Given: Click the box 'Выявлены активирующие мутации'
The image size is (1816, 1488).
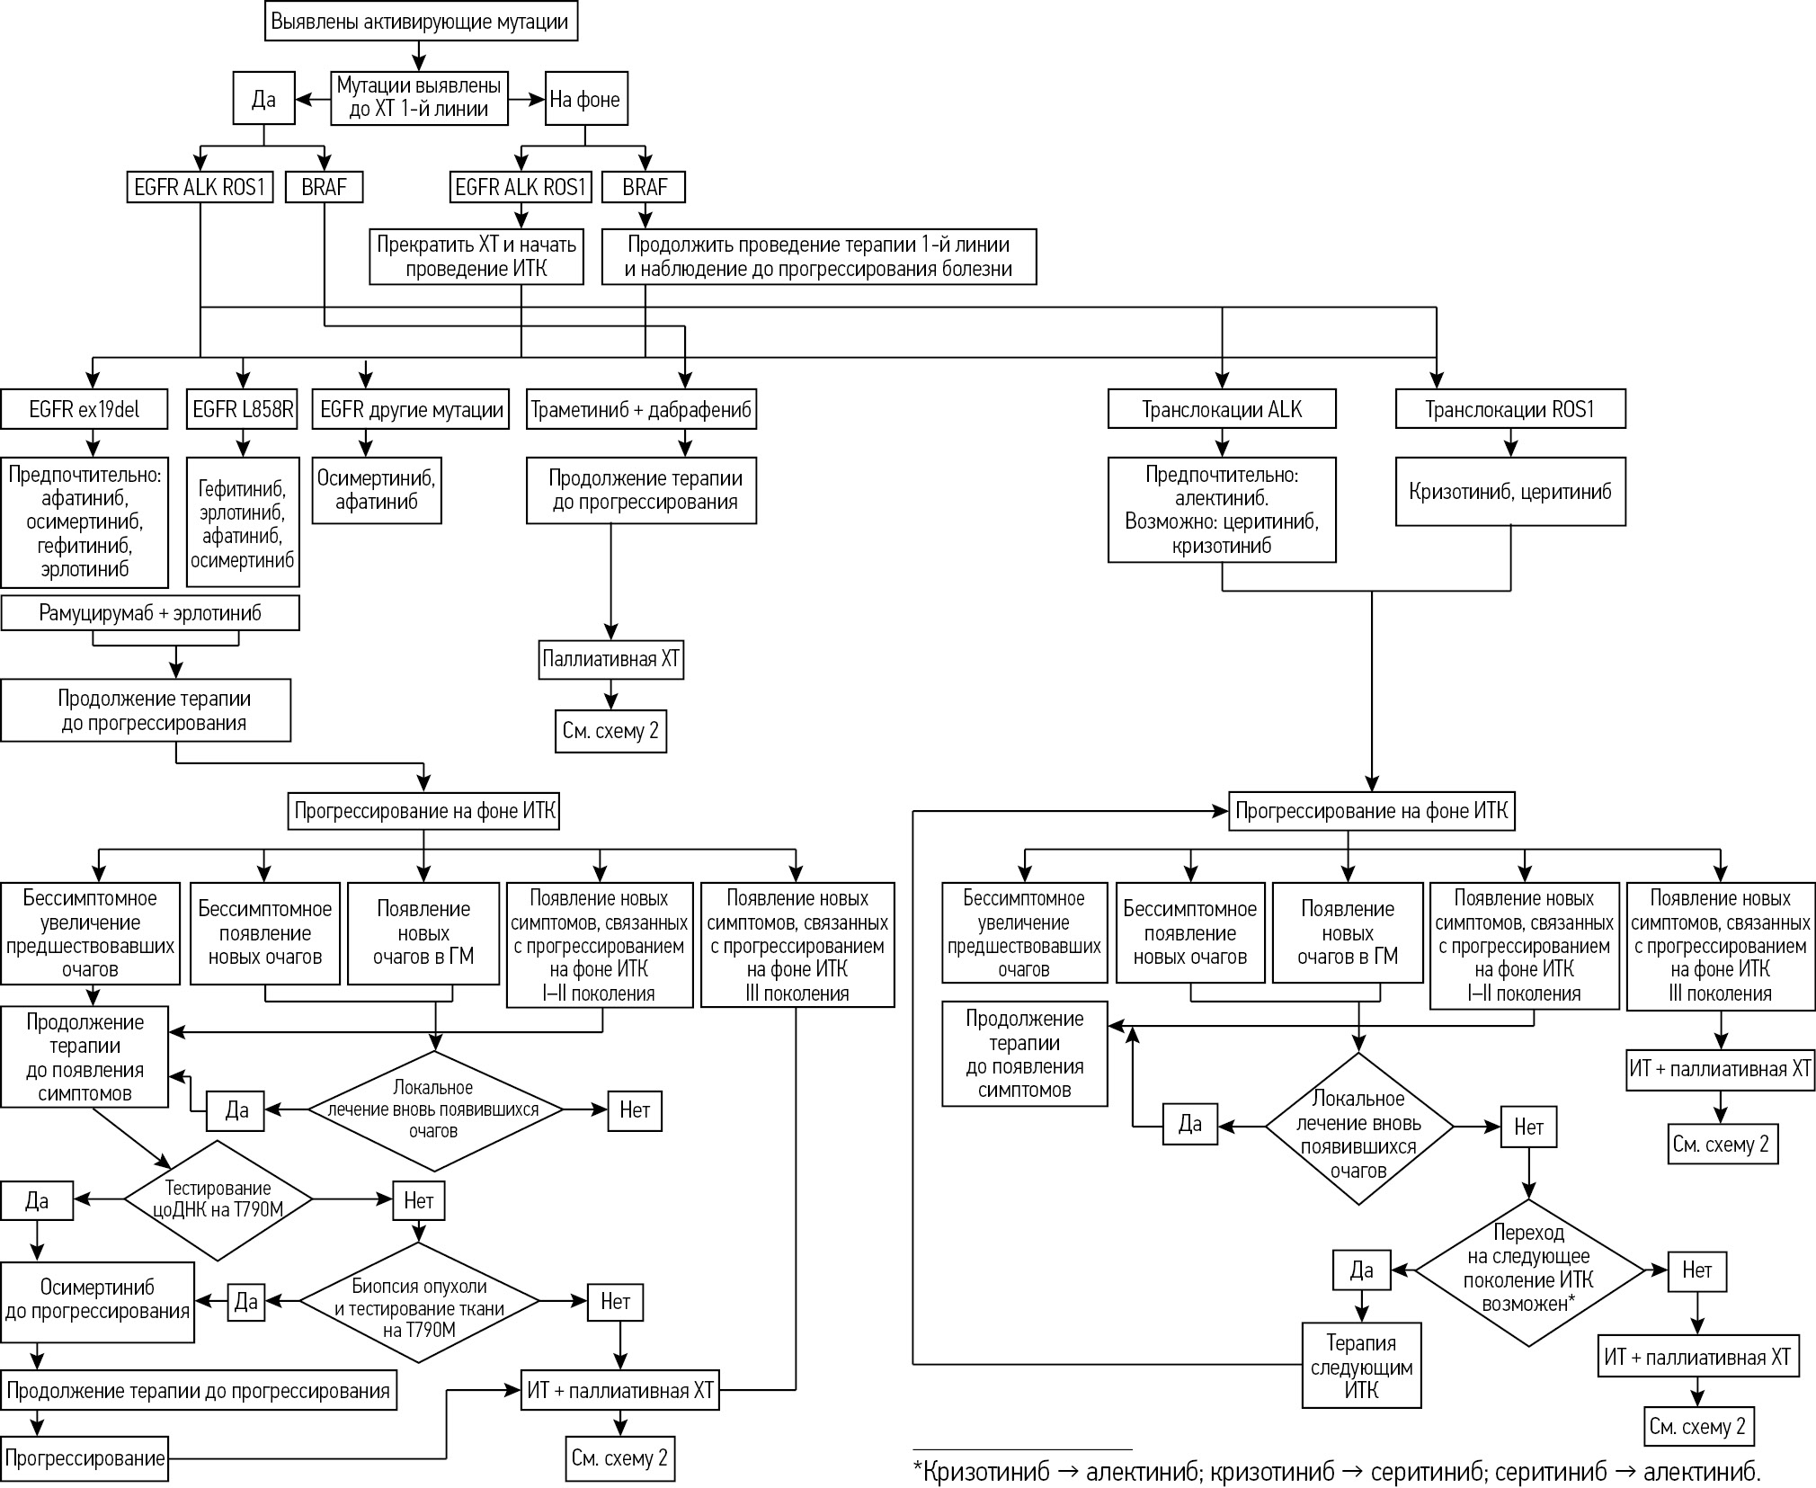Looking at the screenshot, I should click(421, 22).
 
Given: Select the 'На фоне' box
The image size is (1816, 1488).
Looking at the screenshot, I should click(585, 99).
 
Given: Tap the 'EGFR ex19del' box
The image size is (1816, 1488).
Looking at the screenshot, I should click(85, 410).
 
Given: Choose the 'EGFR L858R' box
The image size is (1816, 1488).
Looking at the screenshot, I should click(243, 410).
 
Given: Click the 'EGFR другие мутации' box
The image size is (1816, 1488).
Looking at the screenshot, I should click(411, 410).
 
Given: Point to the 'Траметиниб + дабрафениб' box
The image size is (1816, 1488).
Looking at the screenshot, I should click(641, 410).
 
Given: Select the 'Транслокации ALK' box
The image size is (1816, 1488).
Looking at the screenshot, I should click(1221, 410).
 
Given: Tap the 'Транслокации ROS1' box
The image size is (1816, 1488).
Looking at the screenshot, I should click(1509, 410).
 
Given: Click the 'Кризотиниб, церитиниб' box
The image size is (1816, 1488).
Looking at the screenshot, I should click(1509, 492).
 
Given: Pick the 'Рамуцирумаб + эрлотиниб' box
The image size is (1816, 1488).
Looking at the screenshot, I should click(150, 613).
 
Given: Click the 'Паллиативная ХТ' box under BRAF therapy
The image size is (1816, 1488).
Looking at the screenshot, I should click(611, 660).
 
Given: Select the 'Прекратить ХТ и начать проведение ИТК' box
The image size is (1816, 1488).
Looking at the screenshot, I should click(476, 256).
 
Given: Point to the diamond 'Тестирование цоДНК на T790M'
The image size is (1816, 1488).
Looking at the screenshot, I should click(218, 1199).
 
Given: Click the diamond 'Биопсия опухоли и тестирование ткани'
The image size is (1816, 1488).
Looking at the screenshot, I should click(419, 1301).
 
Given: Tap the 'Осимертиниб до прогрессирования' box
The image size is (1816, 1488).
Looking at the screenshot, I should click(97, 1301).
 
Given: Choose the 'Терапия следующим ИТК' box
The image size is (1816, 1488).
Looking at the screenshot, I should click(1361, 1366).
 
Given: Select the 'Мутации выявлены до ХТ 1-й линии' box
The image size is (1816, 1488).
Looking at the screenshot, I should click(419, 98).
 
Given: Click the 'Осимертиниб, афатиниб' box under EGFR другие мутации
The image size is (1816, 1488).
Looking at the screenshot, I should click(377, 490).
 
